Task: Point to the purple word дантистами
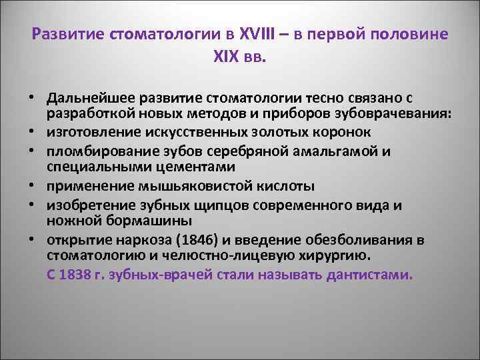[370, 273]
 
